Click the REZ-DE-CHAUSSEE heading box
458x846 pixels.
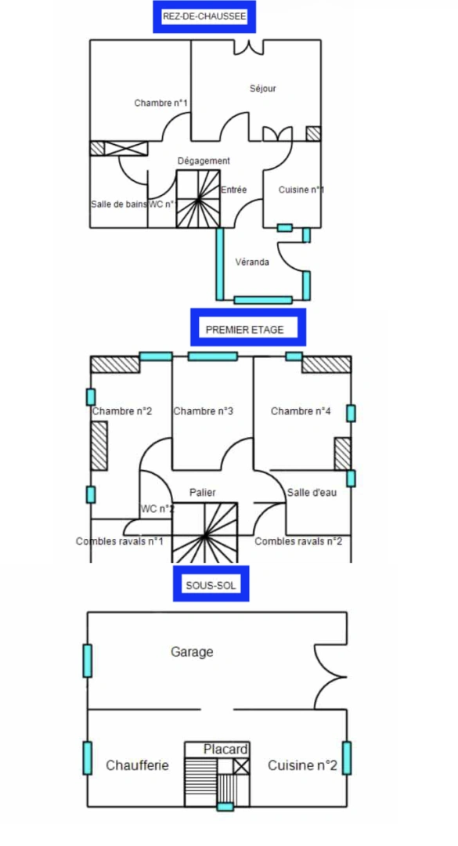pyautogui.click(x=204, y=16)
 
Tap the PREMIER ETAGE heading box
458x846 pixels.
pyautogui.click(x=248, y=327)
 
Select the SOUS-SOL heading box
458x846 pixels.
pyautogui.click(x=211, y=584)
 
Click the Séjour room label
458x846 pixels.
pyautogui.click(x=263, y=88)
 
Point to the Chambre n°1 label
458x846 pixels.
pyautogui.click(x=160, y=103)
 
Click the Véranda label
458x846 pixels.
pyautogui.click(x=252, y=262)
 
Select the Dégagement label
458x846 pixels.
pyautogui.click(x=204, y=161)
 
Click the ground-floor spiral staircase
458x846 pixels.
pyautogui.click(x=198, y=198)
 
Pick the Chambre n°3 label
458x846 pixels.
pyautogui.click(x=204, y=411)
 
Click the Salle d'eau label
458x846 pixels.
pyautogui.click(x=312, y=492)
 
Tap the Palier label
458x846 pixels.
pyautogui.click(x=202, y=492)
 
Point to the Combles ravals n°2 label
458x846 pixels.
pyautogui.click(x=298, y=541)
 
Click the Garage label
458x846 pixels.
pyautogui.click(x=192, y=652)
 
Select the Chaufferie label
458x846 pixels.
pyautogui.click(x=138, y=765)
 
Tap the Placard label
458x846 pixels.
pyautogui.click(x=225, y=750)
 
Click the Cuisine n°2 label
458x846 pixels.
pyautogui.click(x=303, y=765)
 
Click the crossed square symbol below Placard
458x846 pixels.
pyautogui.click(x=242, y=766)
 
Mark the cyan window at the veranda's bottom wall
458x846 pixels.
pyautogui.click(x=263, y=300)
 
